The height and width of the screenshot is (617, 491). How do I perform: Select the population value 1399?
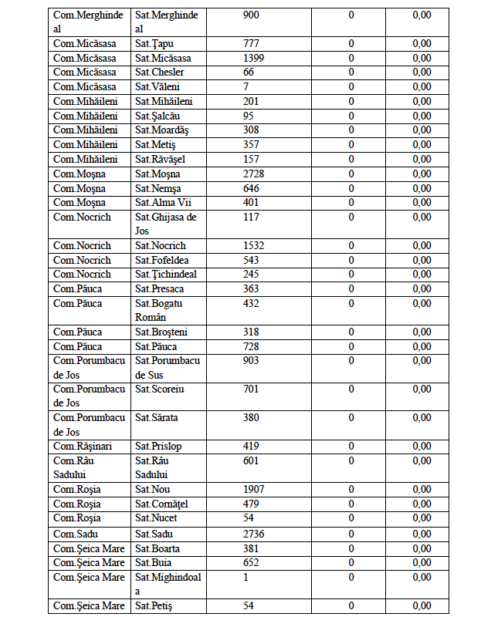click(254, 58)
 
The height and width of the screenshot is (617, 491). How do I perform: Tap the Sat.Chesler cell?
click(159, 72)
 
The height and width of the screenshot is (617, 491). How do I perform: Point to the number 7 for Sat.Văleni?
click(245, 87)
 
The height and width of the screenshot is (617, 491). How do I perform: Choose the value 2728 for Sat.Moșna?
click(254, 174)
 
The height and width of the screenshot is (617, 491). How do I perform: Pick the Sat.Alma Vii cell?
click(163, 202)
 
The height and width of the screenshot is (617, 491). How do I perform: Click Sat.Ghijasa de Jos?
click(166, 224)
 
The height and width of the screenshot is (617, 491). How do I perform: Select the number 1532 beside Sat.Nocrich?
click(254, 245)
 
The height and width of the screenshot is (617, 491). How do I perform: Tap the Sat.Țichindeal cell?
click(165, 274)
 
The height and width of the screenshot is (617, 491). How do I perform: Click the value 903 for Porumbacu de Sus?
click(251, 360)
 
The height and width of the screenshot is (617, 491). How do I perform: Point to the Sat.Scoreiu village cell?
click(160, 389)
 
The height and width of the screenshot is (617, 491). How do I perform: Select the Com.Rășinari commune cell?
click(83, 447)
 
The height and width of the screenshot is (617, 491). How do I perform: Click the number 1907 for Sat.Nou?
click(254, 489)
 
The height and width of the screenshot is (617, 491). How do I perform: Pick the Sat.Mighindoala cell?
click(168, 584)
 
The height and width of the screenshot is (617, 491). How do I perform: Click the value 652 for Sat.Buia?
click(251, 562)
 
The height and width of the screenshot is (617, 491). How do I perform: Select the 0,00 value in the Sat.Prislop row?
click(422, 447)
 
